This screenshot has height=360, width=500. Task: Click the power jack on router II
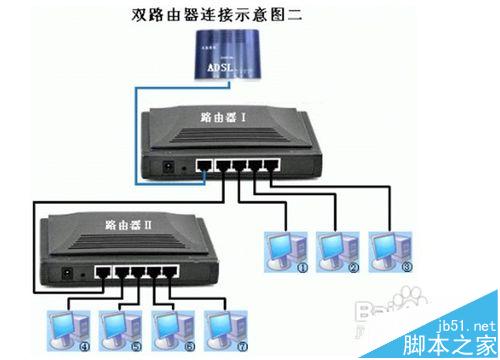coord(66,272)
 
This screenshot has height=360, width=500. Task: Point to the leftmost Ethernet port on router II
coord(102,270)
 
